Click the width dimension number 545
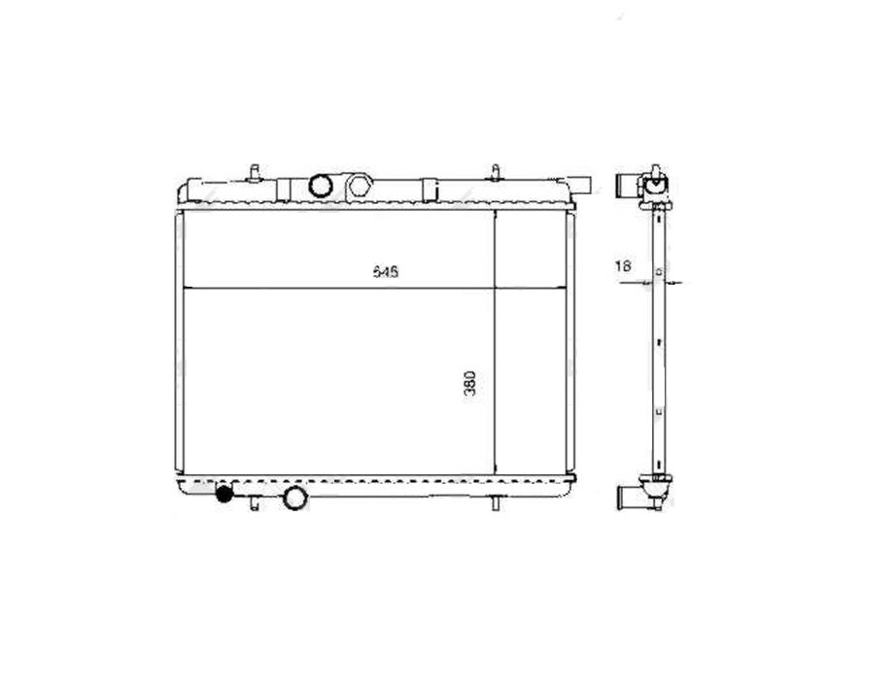click(x=387, y=273)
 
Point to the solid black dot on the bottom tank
click(x=224, y=495)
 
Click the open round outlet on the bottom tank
click(x=293, y=498)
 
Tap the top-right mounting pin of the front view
click(x=496, y=172)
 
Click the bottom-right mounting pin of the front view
click(x=496, y=503)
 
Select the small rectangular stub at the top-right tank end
click(x=580, y=185)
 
